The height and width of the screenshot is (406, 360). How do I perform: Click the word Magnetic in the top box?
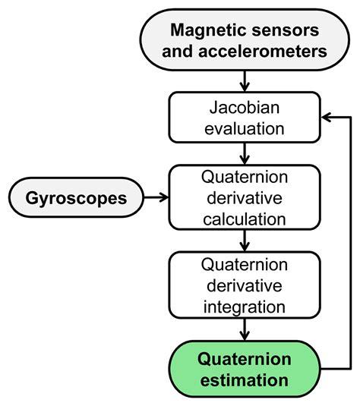(x=206, y=30)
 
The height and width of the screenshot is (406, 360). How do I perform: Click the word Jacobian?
(x=244, y=107)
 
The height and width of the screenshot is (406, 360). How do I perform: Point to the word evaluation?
(x=244, y=127)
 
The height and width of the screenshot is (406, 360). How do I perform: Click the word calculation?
(x=244, y=220)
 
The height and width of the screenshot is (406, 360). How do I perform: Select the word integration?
(x=244, y=307)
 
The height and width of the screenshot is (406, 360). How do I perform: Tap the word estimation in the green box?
(x=244, y=379)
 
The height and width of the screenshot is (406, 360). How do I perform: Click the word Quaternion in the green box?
(x=244, y=357)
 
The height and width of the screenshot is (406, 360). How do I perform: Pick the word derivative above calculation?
(x=244, y=199)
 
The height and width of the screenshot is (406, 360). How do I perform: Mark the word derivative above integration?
(x=244, y=286)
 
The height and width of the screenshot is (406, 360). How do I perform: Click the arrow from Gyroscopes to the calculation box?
(x=155, y=198)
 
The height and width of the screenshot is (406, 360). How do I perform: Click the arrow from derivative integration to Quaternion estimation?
(x=244, y=329)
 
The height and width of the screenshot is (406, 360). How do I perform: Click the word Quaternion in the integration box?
(x=244, y=265)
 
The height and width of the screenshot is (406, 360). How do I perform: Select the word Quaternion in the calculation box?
(x=244, y=178)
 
